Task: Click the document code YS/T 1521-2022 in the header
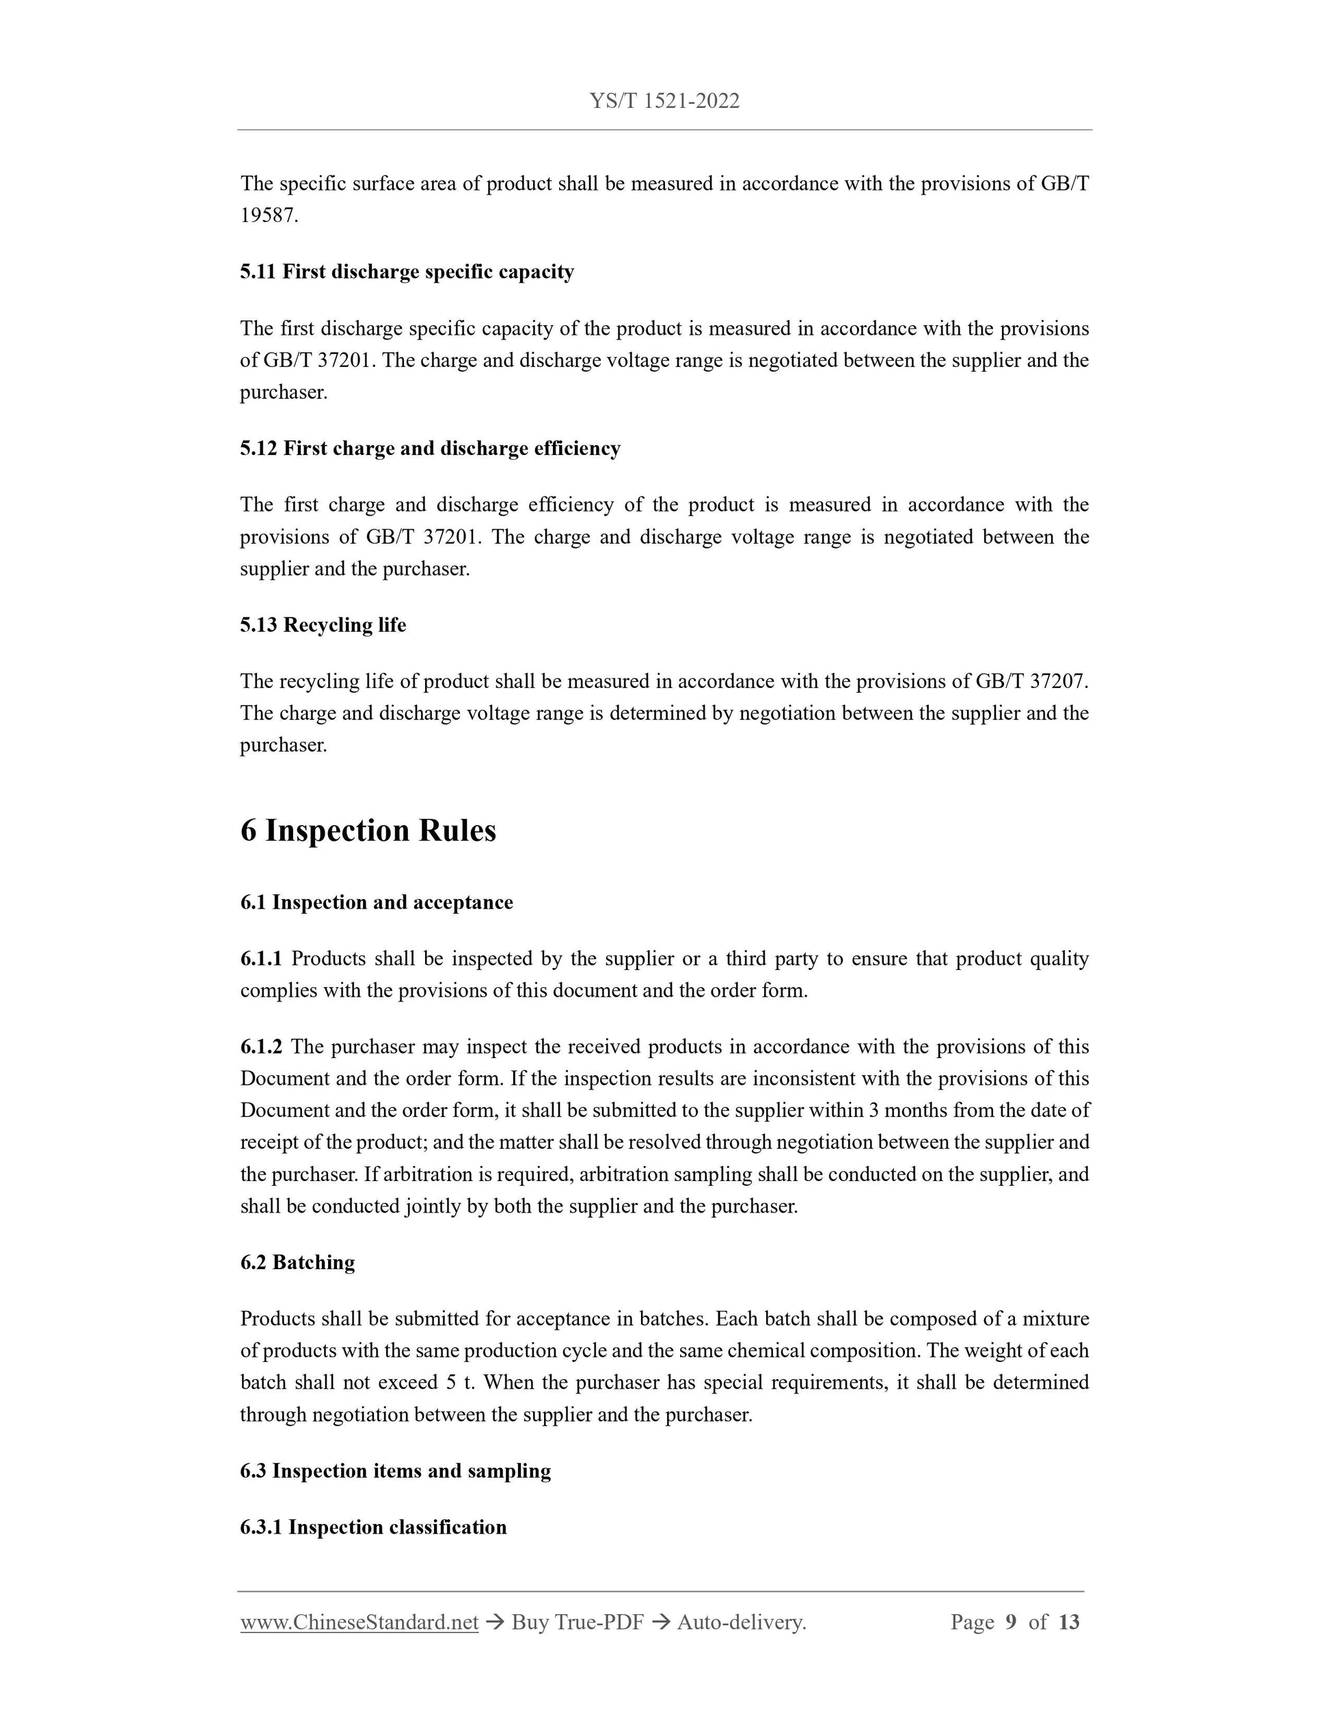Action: pyautogui.click(x=664, y=101)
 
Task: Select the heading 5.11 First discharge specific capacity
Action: pyautogui.click(x=407, y=272)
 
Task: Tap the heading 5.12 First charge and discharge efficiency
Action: pyautogui.click(x=430, y=448)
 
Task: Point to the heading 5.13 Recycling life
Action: pyautogui.click(x=323, y=624)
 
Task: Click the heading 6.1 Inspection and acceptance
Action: pyautogui.click(x=377, y=902)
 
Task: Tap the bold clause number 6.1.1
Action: pyautogui.click(x=261, y=958)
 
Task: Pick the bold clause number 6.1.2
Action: pyautogui.click(x=261, y=1046)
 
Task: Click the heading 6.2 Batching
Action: pyautogui.click(x=298, y=1262)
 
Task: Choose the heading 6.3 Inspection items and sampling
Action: pyautogui.click(x=396, y=1471)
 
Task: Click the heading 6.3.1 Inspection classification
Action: pyautogui.click(x=373, y=1527)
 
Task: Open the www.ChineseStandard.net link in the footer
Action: pyautogui.click(x=359, y=1622)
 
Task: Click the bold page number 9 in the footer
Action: pyautogui.click(x=1011, y=1622)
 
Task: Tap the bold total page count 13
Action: pyautogui.click(x=1068, y=1622)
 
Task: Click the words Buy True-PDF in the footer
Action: pyautogui.click(x=578, y=1622)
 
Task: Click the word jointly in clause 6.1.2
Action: pyautogui.click(x=433, y=1206)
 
